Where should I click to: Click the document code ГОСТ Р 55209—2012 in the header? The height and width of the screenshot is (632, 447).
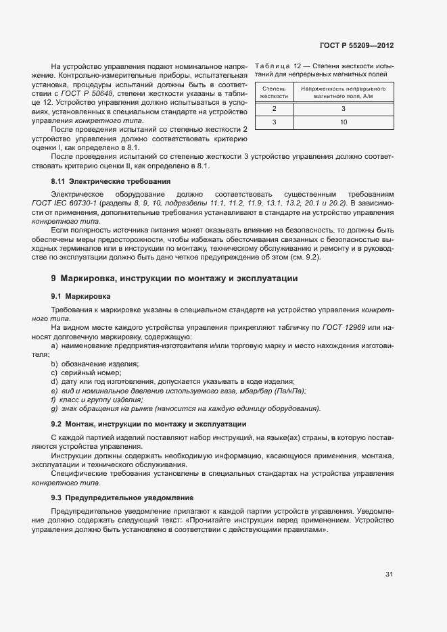[356, 46]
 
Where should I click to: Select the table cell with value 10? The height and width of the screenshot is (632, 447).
[344, 122]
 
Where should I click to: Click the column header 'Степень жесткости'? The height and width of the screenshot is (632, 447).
[274, 93]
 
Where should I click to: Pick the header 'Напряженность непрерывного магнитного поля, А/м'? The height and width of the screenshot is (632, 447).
[344, 93]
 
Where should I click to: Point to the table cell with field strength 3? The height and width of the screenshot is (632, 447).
[344, 109]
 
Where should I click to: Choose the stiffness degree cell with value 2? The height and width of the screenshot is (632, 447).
[274, 109]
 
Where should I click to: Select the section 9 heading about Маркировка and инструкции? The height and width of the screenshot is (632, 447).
[174, 278]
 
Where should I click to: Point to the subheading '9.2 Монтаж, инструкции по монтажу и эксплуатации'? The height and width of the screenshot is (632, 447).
[148, 424]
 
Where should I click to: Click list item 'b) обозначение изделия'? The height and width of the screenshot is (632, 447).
[95, 364]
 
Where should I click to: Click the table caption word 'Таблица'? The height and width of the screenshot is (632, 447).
[272, 66]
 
